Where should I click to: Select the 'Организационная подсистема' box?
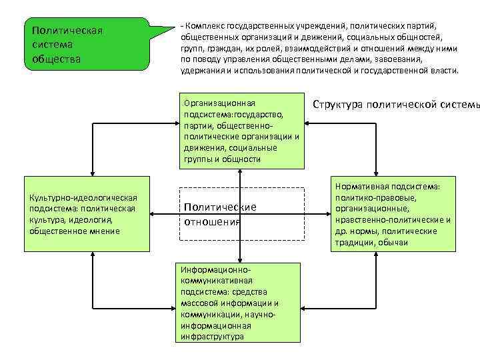pos(241,130)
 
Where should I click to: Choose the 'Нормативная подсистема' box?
pos(393,215)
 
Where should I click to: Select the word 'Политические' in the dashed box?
pos(219,207)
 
